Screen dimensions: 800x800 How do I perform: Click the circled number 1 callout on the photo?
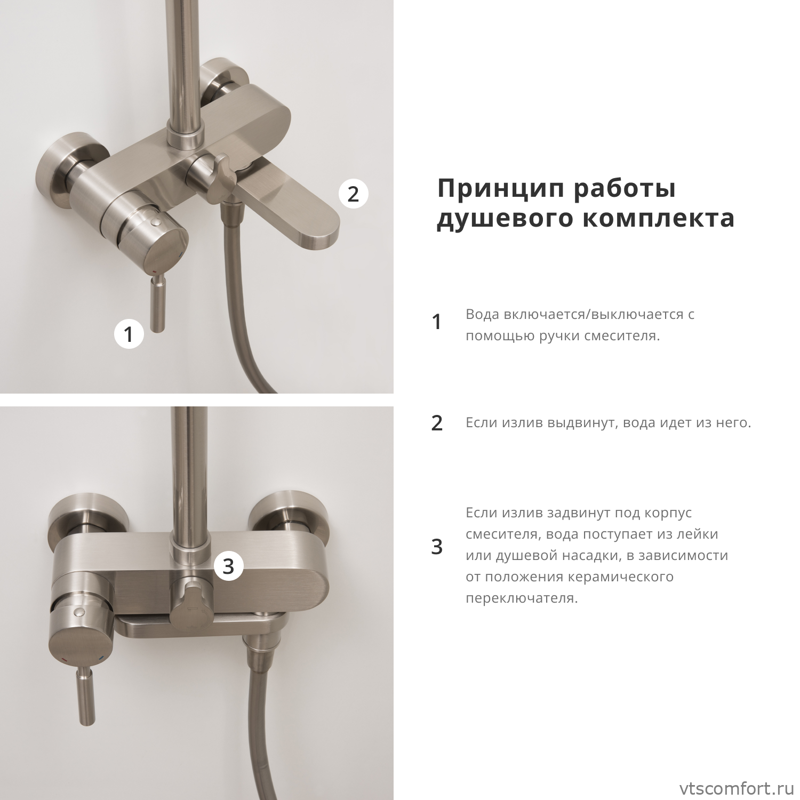click(129, 334)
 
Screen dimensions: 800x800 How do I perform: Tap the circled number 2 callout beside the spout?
click(354, 194)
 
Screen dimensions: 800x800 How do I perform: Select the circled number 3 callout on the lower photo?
click(228, 566)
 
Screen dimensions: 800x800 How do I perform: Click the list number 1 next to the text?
click(437, 322)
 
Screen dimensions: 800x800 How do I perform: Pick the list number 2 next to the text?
click(437, 423)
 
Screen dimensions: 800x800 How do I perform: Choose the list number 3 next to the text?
click(437, 547)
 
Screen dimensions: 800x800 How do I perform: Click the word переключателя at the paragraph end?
click(522, 598)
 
